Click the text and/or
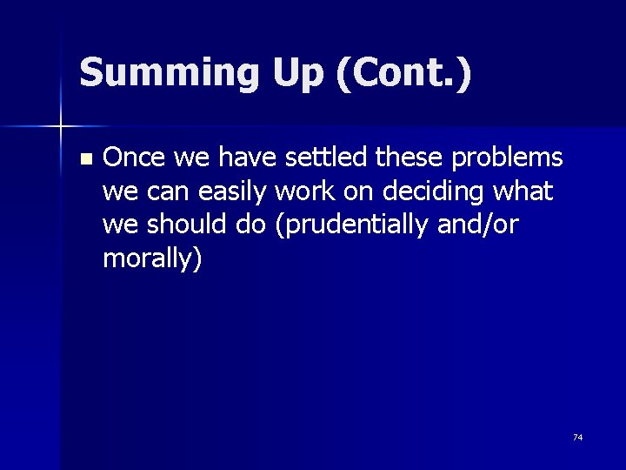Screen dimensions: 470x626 point(482,225)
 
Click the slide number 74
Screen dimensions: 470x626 point(577,437)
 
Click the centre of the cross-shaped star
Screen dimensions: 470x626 point(61,127)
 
